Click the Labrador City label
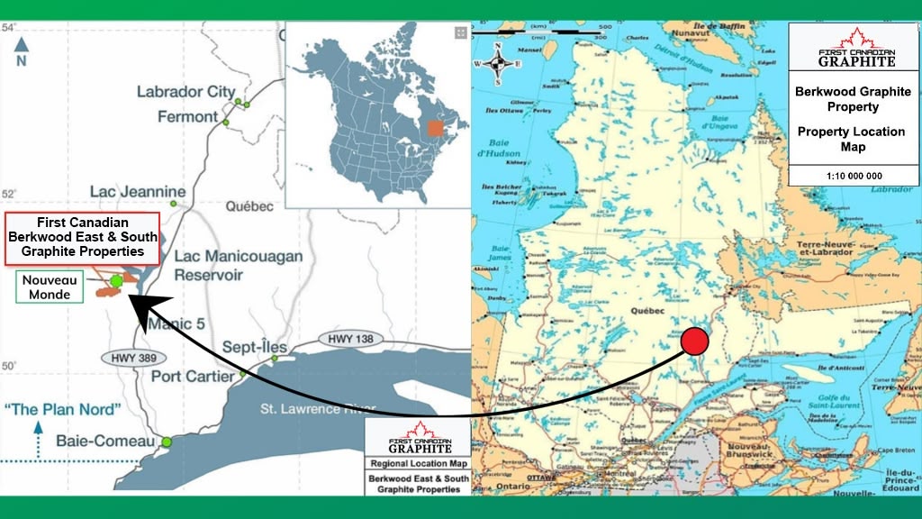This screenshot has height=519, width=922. tap(185, 91)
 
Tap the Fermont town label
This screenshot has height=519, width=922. tap(187, 116)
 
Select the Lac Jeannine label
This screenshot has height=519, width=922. tap(138, 192)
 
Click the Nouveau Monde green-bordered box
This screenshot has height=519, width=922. tap(50, 287)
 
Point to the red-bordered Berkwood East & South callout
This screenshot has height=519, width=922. tap(83, 237)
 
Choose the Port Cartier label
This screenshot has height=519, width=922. tap(192, 376)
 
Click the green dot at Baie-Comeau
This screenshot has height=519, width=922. tap(167, 442)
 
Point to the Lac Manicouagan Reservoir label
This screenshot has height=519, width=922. tap(238, 265)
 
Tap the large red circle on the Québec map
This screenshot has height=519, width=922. tap(695, 342)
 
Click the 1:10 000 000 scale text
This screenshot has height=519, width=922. tap(853, 175)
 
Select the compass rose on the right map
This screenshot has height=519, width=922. tap(502, 64)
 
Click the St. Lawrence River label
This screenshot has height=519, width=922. tap(306, 410)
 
